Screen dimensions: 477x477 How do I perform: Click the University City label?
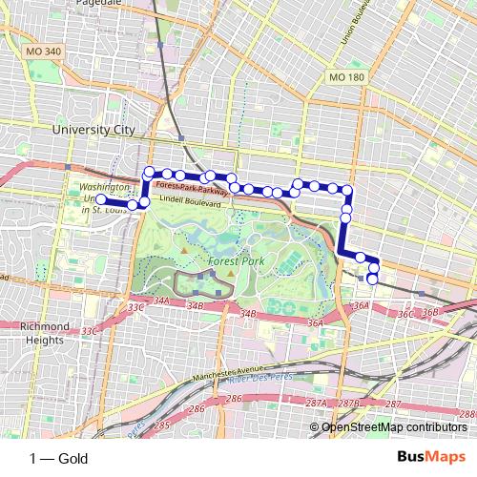pos(93,129)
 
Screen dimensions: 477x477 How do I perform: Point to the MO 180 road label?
pos(345,76)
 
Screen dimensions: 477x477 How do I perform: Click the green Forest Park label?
pos(229,259)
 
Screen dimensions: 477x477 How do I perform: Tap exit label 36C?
pos(405,313)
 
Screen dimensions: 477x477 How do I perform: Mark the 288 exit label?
pos(466,415)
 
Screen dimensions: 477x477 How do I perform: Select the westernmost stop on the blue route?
pos(101,199)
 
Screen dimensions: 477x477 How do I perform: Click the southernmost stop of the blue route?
pos(372,279)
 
